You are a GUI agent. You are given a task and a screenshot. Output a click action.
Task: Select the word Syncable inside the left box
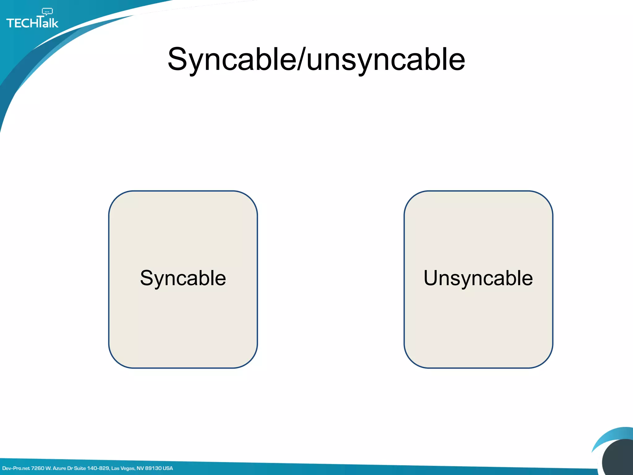click(183, 278)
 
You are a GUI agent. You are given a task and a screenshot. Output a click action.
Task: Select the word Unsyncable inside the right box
click(478, 278)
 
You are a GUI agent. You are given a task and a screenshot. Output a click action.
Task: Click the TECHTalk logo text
click(32, 23)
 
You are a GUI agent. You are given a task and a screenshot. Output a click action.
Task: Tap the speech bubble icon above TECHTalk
click(47, 12)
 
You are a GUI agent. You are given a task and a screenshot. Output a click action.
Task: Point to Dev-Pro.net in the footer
click(16, 468)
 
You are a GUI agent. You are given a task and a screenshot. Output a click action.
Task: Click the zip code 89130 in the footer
click(153, 468)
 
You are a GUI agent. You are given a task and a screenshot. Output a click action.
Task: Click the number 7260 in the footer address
click(38, 468)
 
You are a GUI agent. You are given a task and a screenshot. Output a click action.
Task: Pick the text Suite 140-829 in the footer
click(91, 468)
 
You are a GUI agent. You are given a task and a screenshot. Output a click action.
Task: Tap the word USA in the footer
click(168, 468)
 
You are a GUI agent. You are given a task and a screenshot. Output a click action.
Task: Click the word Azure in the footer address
click(59, 468)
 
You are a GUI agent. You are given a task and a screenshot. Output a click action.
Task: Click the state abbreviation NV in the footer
click(140, 468)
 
